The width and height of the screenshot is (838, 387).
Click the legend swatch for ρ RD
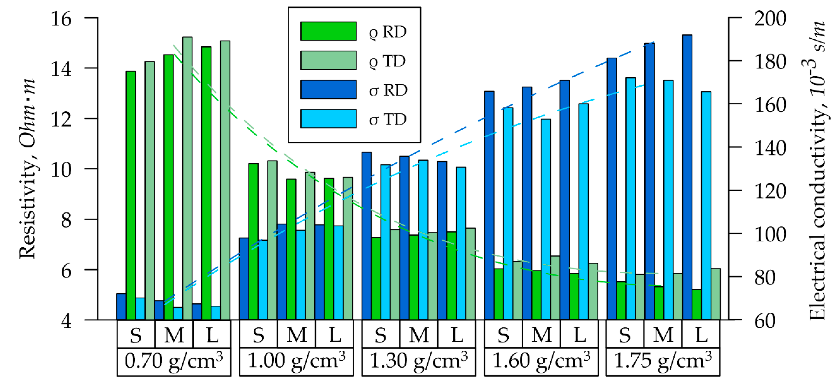(328, 31)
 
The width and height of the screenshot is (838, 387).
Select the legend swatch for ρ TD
(328, 60)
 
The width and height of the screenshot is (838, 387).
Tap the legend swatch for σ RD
(328, 89)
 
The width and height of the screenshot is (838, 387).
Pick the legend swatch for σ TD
(328, 119)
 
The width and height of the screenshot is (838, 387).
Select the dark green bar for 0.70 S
(131, 195)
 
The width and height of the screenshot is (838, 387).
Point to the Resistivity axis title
(27, 169)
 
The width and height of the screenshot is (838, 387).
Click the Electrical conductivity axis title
(817, 169)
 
